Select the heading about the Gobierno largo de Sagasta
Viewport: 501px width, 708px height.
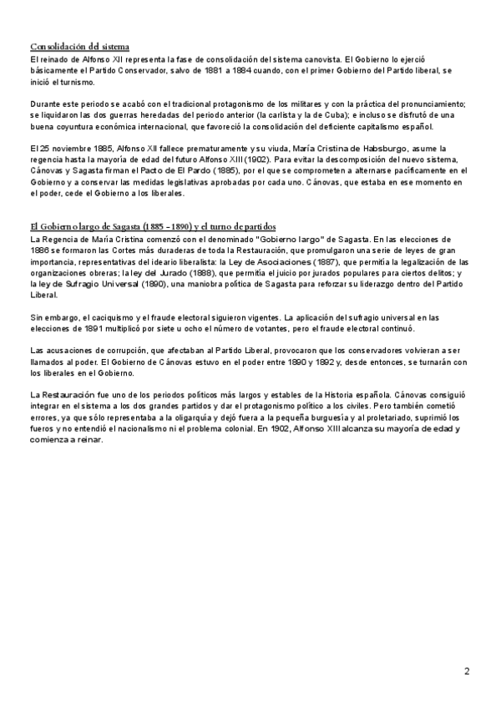coord(153,227)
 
